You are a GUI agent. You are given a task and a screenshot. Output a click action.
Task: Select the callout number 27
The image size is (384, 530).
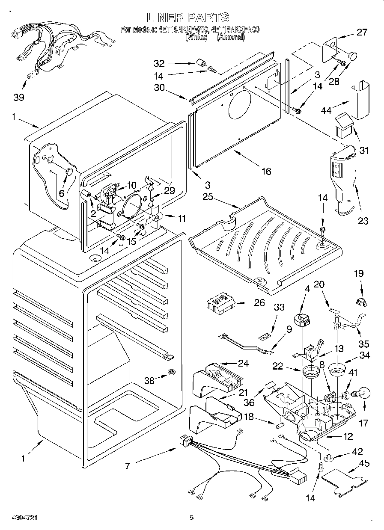click(x=362, y=32)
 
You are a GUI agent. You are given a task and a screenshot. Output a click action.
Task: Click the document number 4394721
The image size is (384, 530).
click(x=19, y=518)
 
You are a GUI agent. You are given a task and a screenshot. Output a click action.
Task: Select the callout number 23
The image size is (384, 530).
click(x=363, y=221)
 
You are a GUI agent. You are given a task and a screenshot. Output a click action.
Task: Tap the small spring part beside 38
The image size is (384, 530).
click(x=172, y=372)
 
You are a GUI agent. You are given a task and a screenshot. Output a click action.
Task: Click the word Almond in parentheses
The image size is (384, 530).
click(x=231, y=37)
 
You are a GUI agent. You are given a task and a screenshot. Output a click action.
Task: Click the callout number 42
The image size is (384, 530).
click(x=357, y=452)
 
